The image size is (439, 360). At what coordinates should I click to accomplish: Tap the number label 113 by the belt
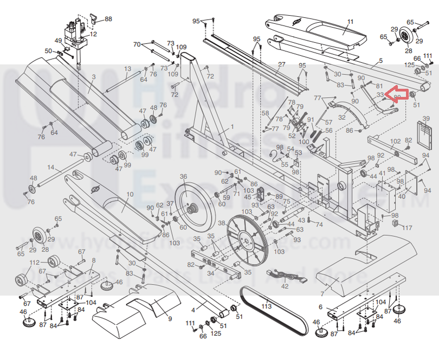coord(266,306)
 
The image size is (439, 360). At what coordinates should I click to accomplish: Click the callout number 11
coord(350,22)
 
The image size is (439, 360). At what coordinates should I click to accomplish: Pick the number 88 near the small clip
coord(108,19)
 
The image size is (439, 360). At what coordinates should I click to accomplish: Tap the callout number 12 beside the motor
coord(93,34)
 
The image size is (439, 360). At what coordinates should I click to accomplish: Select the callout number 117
coord(406,228)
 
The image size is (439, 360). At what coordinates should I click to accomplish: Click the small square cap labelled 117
coord(394,223)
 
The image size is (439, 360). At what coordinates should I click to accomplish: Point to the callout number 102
coord(395,141)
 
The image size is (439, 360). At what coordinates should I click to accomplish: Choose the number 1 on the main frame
coord(233,126)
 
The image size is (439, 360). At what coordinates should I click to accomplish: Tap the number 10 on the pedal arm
coord(130,194)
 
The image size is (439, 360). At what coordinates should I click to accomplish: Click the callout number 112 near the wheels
coord(35,262)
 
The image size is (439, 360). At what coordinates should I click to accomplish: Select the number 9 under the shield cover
coord(170,319)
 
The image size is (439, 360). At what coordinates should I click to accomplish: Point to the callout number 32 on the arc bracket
coord(341,117)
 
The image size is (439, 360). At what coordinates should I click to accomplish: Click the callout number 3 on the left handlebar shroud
coord(93,77)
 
